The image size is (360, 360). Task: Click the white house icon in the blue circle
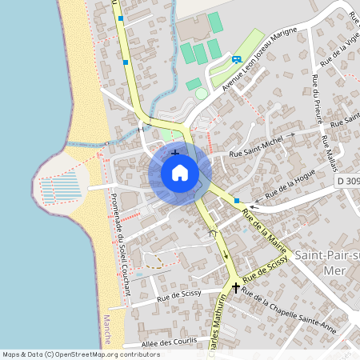[x=180, y=172]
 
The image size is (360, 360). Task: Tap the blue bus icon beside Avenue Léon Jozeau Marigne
[x=236, y=58]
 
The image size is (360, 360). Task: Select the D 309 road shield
[x=347, y=182]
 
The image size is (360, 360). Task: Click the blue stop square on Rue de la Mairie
[x=237, y=201]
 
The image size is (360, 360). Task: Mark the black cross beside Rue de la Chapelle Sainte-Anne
[x=236, y=286]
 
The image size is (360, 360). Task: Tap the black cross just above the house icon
[x=175, y=152]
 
